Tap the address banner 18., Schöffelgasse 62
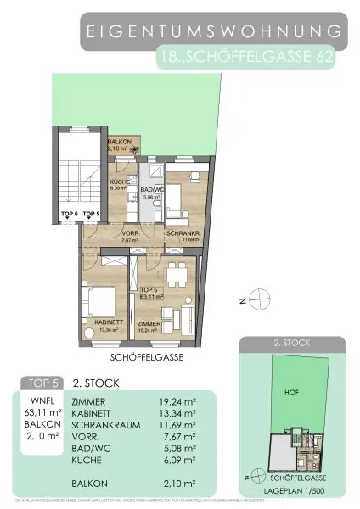click(253, 58)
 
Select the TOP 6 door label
click(69, 214)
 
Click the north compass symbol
click(263, 298)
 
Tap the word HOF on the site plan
click(290, 392)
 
